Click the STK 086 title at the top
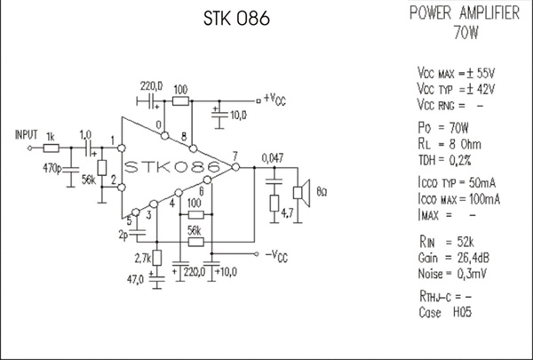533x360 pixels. click(x=236, y=18)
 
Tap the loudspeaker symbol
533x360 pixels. click(x=301, y=193)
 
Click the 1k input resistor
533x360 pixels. click(x=51, y=148)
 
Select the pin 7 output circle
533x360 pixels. click(x=235, y=167)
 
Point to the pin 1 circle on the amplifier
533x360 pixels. click(x=122, y=148)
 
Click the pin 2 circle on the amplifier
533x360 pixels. click(x=122, y=188)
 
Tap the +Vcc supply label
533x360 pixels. click(x=274, y=100)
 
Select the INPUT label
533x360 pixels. click(x=26, y=135)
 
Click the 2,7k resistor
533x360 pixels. click(x=156, y=258)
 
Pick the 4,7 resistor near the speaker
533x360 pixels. click(x=274, y=204)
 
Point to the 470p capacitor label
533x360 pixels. click(x=52, y=168)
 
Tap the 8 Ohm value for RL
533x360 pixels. click(x=465, y=145)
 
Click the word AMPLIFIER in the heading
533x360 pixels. click(x=489, y=13)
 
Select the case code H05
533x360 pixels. click(x=462, y=312)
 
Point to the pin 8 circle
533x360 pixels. click(x=193, y=148)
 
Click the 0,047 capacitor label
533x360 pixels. click(x=273, y=158)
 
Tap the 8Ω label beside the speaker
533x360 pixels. click(x=322, y=192)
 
